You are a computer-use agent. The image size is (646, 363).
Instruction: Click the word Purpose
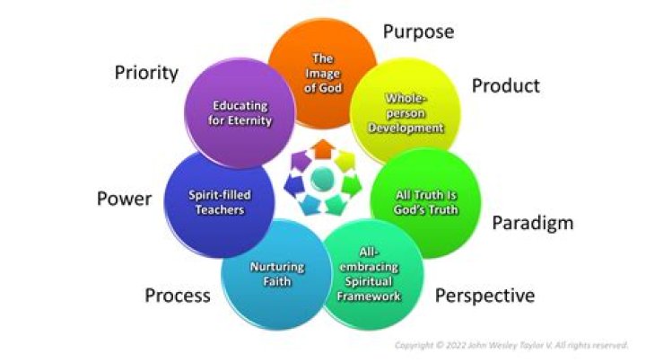[419, 32]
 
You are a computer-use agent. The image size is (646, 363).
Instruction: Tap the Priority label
[146, 73]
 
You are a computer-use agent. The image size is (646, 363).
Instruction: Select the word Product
[505, 85]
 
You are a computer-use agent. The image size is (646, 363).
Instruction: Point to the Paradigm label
[533, 224]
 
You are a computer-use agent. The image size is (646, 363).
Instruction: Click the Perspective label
[484, 297]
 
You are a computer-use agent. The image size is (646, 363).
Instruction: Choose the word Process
[178, 296]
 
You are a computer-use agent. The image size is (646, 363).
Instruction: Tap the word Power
[124, 199]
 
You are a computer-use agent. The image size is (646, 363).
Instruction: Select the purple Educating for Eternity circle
[240, 113]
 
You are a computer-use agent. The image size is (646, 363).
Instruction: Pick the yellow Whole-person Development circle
[406, 113]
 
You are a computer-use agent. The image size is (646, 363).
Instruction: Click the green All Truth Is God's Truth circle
[425, 203]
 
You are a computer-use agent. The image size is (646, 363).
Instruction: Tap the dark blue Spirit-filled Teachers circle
[219, 203]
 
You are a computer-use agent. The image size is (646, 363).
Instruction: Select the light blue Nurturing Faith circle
[276, 274]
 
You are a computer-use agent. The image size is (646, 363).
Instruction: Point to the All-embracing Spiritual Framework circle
[369, 274]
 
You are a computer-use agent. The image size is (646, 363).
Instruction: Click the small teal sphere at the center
[323, 179]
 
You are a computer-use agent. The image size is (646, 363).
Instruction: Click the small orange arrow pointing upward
[323, 149]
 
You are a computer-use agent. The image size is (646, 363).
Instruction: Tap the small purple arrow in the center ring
[301, 161]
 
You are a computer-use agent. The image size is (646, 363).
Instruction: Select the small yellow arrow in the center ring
[345, 161]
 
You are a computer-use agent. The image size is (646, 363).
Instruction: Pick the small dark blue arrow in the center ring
[294, 186]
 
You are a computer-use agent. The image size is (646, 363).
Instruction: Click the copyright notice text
[511, 345]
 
